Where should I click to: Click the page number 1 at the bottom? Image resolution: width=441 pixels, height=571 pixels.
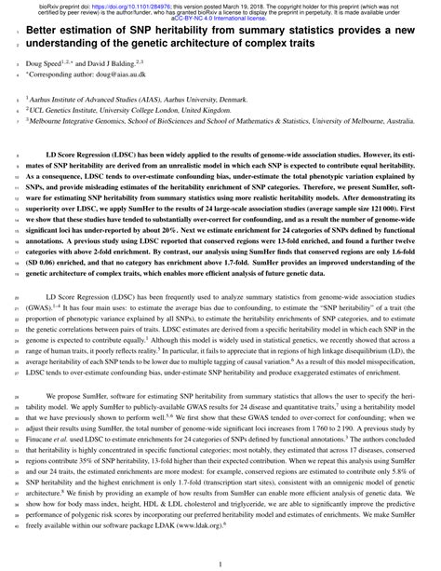(220, 561)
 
